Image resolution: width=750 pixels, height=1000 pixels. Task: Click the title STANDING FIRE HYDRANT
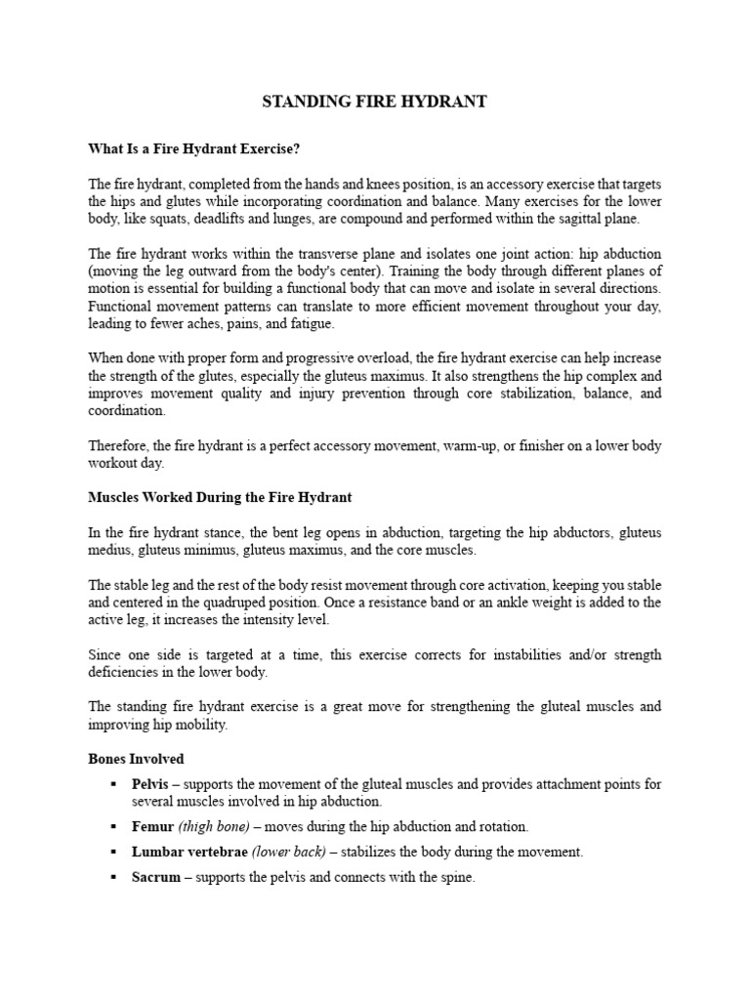coord(375,103)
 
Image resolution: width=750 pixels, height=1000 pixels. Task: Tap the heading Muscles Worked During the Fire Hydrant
coord(220,497)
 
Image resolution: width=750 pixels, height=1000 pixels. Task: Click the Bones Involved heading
coord(136,759)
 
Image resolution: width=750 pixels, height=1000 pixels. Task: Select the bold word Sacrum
coord(156,877)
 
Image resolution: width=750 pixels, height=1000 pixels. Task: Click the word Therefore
coord(118,446)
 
